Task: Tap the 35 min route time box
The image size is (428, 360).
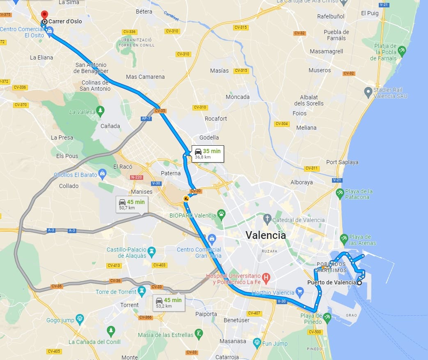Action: point(208,154)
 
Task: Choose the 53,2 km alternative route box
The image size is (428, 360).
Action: point(168,303)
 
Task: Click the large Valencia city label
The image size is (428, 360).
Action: point(265,235)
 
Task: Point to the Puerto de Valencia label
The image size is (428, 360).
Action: point(332,282)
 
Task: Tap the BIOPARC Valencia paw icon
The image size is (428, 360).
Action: point(222,213)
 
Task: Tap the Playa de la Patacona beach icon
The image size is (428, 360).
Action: point(339,193)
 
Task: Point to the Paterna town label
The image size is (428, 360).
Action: point(170,173)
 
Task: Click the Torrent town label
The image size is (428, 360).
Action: point(129,305)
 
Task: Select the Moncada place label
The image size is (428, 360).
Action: point(237,97)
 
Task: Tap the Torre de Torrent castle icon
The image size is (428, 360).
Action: point(142,291)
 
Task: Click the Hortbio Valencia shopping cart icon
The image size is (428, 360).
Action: point(300,293)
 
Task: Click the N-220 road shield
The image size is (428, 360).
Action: point(136,177)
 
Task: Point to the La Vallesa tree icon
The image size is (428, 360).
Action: point(100,110)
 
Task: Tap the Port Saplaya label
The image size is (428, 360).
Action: point(342,162)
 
